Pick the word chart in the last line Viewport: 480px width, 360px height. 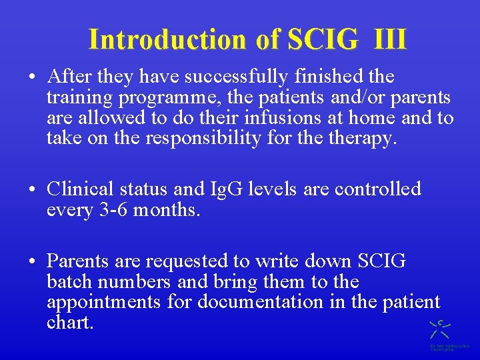pyautogui.click(x=70, y=323)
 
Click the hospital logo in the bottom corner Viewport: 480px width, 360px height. pyautogui.click(x=440, y=333)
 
